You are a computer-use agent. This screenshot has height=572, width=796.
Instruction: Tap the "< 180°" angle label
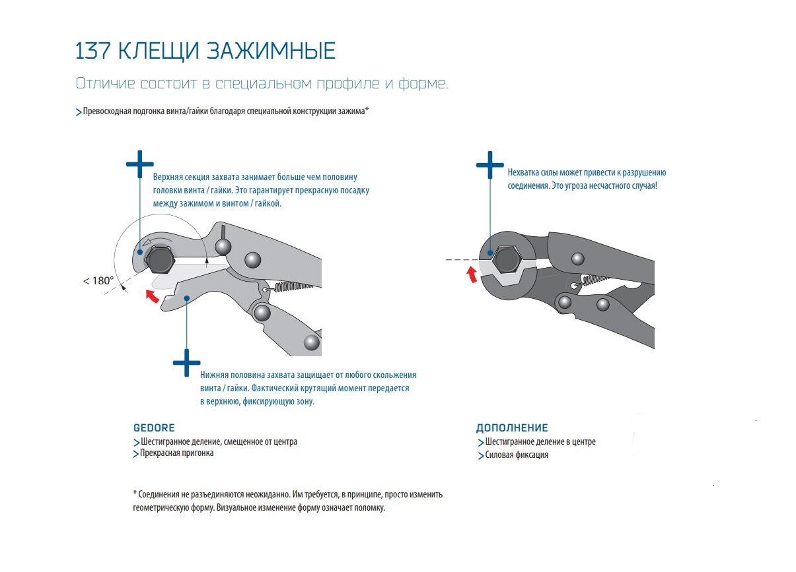pos(98,280)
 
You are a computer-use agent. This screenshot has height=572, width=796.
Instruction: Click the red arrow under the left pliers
pos(153,296)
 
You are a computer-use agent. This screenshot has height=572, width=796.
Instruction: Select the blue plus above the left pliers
pos(139,164)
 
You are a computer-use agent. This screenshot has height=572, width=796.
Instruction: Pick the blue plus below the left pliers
pos(186,362)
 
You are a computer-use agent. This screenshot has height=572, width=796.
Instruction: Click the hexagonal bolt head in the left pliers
pos(161,261)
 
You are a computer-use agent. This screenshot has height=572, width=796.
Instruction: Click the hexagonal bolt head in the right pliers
pos(507,259)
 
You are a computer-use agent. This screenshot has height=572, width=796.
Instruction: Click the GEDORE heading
pos(154,428)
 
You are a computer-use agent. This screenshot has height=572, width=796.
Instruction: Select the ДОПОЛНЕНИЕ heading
pos(512,428)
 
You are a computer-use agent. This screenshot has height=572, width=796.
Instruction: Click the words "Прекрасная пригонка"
pos(176,453)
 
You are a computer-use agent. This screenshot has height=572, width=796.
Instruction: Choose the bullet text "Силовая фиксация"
pos(516,455)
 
